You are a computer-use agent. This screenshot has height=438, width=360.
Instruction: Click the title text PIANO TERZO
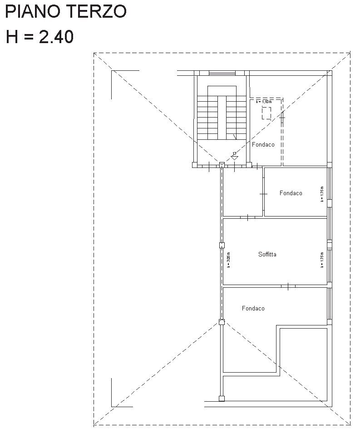pos(65,12)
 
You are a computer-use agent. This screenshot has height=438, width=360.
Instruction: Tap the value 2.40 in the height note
pos(56,37)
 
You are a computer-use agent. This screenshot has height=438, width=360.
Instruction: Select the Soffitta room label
pos(267,255)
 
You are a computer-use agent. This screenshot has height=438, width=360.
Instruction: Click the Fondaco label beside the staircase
pos(263,145)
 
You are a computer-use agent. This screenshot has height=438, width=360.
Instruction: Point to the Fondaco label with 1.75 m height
pos(291,193)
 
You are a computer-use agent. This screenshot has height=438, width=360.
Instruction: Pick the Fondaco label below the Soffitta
pos(253,309)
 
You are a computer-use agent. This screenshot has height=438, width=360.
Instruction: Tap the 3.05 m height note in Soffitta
pos(228,260)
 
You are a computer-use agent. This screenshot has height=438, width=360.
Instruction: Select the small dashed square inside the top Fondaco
pos(266,113)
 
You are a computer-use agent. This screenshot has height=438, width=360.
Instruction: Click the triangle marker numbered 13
pos(234,158)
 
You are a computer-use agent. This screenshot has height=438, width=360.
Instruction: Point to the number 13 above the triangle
pos(234,153)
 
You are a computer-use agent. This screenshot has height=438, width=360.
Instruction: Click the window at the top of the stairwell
pos(222,73)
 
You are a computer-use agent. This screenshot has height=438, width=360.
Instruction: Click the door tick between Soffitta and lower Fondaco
pos(288,286)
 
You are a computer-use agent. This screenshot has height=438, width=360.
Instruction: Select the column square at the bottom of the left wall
pos(222,399)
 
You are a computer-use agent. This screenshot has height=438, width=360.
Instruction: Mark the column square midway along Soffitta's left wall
pos(222,246)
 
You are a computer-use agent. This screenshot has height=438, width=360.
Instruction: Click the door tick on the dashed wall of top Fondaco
pos(282,118)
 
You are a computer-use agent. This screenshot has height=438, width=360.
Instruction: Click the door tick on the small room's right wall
pos(263,194)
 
